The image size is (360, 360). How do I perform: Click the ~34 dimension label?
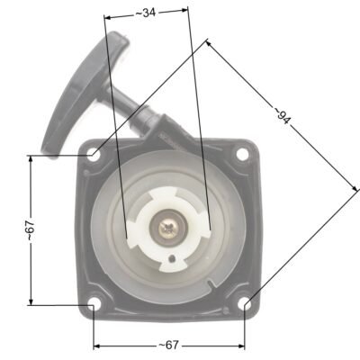[146, 13]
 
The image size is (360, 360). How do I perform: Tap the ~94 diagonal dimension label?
[282, 116]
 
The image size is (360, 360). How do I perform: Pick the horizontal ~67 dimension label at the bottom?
[168, 345]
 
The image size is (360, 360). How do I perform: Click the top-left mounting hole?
[94, 156]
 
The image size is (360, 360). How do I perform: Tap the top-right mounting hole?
[242, 154]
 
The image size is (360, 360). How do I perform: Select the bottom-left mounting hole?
[94, 303]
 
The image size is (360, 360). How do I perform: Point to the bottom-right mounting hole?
[244, 303]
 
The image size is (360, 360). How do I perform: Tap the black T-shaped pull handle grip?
[83, 90]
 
